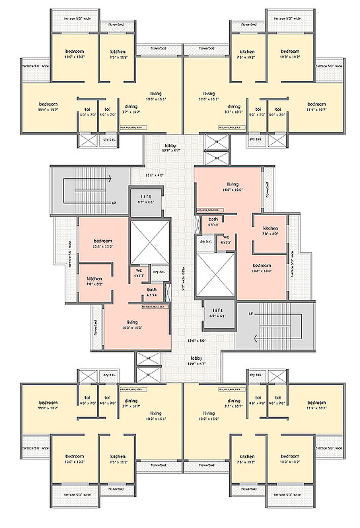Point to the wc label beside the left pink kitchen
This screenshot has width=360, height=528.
click(x=139, y=272)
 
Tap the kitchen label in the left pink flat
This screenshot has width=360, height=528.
click(x=94, y=281)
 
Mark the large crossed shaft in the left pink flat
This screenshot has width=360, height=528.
click(x=151, y=243)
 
